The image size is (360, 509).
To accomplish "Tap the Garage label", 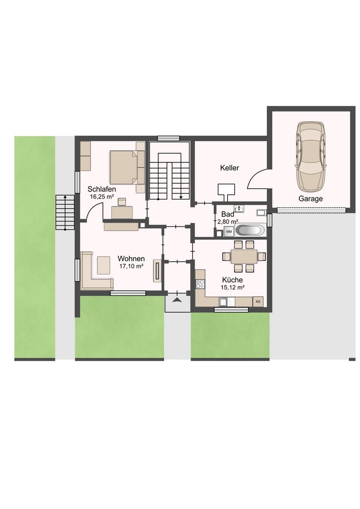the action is click(x=311, y=199).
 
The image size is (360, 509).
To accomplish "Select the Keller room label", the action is click(x=230, y=168).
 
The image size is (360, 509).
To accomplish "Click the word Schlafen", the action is click(x=102, y=189).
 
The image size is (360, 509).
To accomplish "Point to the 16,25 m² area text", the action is click(x=102, y=196).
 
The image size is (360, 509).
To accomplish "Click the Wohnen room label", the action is click(x=131, y=259).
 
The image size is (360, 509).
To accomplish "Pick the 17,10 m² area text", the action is click(x=131, y=266).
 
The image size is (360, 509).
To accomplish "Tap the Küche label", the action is click(x=232, y=280).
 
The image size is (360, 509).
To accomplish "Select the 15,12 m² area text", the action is click(x=232, y=287).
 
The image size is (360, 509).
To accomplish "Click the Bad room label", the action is click(x=228, y=214).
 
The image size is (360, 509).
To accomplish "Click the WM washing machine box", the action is click(x=229, y=232).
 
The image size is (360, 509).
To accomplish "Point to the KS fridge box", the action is click(x=258, y=301).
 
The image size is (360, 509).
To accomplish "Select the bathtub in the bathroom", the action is click(x=250, y=231).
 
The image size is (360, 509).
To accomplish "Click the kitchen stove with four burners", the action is click(x=200, y=284).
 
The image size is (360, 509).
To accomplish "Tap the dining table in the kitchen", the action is click(x=244, y=257).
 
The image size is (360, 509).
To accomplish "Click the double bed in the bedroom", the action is click(x=125, y=167).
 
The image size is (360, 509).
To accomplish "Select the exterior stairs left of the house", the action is click(x=65, y=212).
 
